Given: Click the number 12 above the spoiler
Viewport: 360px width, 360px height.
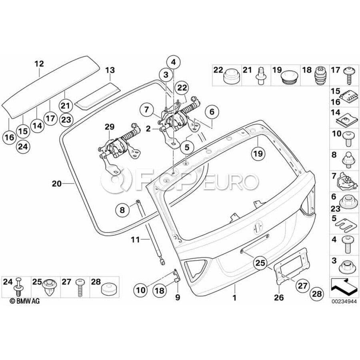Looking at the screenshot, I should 39,64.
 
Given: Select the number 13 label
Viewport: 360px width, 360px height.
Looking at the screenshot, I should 110,70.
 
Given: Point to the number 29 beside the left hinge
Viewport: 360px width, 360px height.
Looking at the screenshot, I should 110,127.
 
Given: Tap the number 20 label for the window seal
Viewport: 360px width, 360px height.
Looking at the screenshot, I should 57,184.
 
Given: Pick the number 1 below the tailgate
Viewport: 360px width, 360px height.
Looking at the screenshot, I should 235,298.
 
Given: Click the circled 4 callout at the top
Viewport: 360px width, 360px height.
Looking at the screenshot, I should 173,62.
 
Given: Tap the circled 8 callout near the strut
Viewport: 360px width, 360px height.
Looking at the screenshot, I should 122,209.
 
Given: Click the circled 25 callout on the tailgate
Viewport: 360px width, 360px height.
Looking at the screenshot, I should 260,263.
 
